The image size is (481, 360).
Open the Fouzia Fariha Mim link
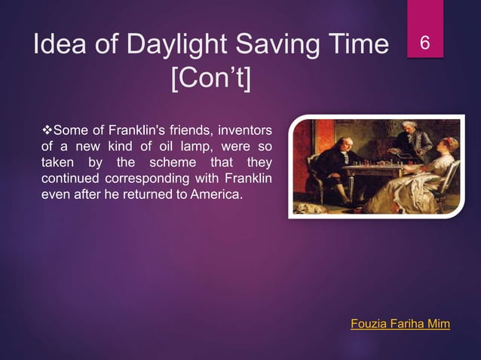coord(400,324)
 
